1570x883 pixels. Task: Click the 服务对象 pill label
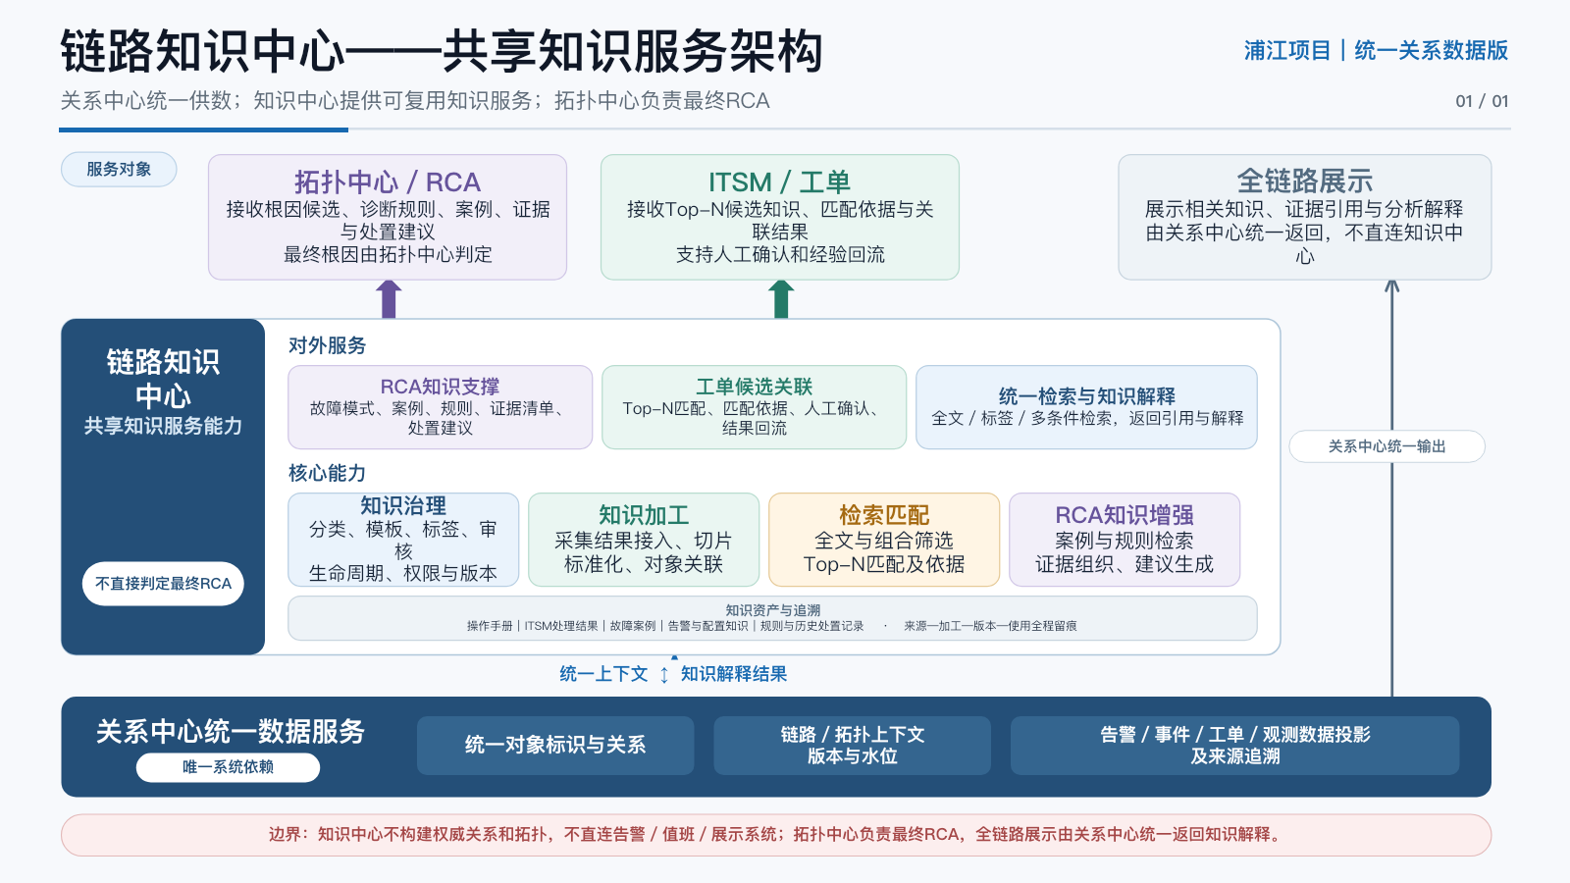coord(119,169)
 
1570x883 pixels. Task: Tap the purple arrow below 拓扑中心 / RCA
coord(389,299)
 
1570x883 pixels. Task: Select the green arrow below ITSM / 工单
coord(781,299)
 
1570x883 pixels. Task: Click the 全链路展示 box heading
coord(1304,181)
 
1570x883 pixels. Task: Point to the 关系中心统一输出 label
coord(1387,446)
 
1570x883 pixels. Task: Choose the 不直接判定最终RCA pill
coord(163,583)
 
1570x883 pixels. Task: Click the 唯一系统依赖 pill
coord(228,766)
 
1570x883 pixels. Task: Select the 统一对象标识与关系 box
coord(555,745)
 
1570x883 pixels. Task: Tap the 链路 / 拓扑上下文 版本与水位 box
coord(853,745)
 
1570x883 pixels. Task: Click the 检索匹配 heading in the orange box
coord(884,515)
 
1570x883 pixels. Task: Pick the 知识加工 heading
coord(644,515)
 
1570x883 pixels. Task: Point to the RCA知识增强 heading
coord(1125,515)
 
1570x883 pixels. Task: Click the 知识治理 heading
coord(403,505)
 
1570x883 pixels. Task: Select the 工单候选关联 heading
coord(754,387)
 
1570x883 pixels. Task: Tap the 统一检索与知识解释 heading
coord(1086,396)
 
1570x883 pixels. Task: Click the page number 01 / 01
coord(1482,101)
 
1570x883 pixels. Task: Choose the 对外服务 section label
coord(328,345)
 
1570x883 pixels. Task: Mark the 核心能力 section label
coord(328,473)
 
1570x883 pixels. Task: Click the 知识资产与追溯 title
coord(772,609)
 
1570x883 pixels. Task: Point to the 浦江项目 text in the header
coord(1286,50)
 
